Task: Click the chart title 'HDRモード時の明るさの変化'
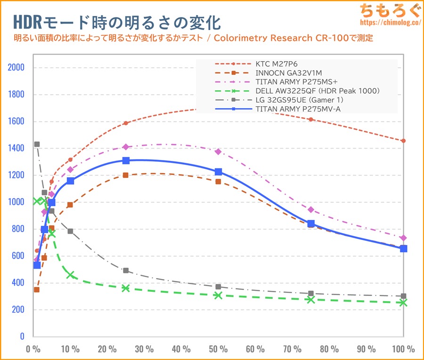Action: [116, 22]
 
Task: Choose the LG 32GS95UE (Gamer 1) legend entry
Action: [299, 100]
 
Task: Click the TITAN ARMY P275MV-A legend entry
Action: [294, 109]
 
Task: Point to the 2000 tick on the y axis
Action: [16, 68]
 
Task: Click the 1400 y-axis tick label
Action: [16, 148]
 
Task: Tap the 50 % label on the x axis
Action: [218, 349]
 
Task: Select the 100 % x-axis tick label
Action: [403, 349]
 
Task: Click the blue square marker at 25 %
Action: [126, 160]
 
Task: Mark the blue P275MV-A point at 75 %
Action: [311, 224]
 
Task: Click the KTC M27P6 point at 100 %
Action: [403, 141]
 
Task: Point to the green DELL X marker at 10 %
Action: [70, 275]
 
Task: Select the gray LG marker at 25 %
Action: [126, 271]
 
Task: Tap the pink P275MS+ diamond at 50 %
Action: [218, 152]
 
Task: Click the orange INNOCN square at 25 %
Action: [126, 175]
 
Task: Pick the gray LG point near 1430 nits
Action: [37, 144]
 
